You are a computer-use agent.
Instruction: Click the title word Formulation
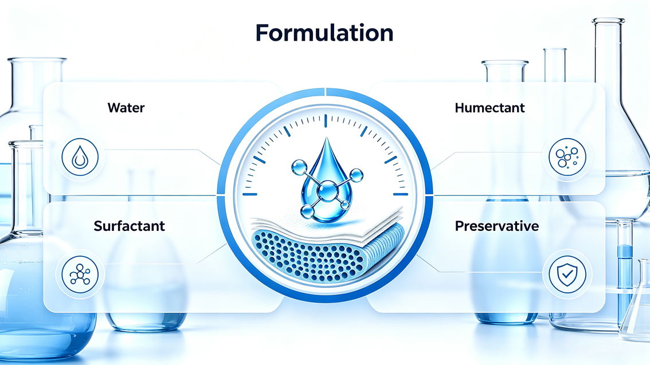[x=324, y=33]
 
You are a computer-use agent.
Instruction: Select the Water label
[x=126, y=108]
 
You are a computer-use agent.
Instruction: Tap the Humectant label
[x=490, y=108]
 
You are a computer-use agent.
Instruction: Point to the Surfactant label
[x=130, y=226]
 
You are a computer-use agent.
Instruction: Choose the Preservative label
[x=496, y=226]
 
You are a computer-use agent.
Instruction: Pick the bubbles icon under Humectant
[x=567, y=157]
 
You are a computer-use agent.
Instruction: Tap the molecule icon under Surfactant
[x=80, y=274]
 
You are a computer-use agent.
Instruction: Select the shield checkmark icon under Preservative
[x=567, y=274]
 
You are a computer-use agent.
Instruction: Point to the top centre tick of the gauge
[x=326, y=120]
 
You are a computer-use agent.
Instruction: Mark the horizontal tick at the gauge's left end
[x=249, y=194]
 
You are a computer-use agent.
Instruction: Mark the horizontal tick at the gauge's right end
[x=401, y=194]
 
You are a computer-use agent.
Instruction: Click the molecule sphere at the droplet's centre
[x=327, y=191]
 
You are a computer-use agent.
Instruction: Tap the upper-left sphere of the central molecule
[x=299, y=167]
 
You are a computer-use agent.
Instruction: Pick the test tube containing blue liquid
[x=625, y=273]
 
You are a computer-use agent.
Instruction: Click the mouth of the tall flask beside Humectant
[x=608, y=21]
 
